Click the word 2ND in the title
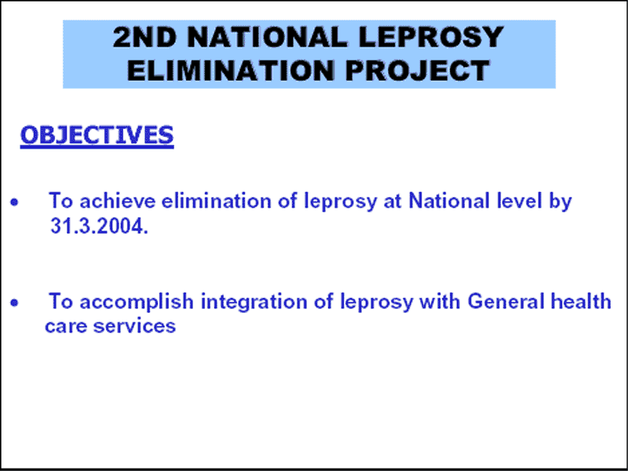pos(145,37)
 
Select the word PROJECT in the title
pos(418,71)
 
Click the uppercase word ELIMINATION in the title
pos(231,71)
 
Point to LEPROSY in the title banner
pos(430,37)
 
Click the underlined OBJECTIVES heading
pos(97,135)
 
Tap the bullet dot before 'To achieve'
pos(14,202)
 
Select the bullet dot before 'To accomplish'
pos(14,303)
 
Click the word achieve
pos(117,201)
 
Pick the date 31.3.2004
pos(100,226)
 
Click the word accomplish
pos(137,302)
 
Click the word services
pos(134,326)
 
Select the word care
pos(66,326)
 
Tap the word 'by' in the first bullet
pos(560,202)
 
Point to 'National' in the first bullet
pos(449,201)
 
